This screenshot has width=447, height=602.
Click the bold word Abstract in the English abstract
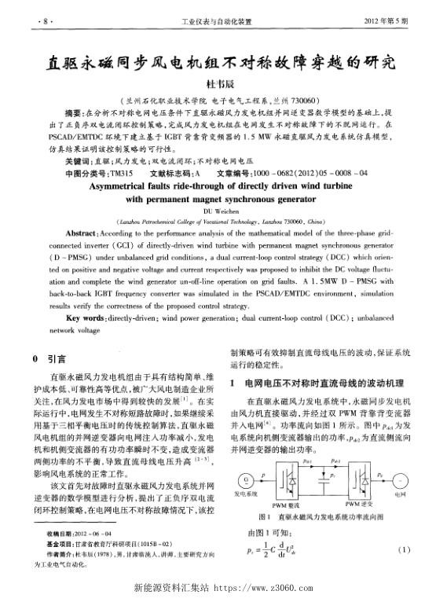pos(81,234)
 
